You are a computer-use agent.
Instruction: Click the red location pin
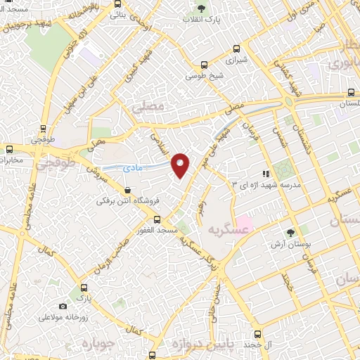tap(181, 165)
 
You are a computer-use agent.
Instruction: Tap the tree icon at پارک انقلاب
tap(202, 9)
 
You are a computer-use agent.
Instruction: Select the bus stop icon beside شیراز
tap(236, 49)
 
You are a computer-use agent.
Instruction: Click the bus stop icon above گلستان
tap(350, 92)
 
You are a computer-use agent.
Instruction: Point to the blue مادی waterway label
tap(131, 169)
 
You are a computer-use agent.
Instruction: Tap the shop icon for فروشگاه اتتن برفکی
tap(127, 190)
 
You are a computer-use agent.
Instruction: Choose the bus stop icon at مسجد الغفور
tap(157, 219)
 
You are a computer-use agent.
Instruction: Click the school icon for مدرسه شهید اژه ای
tap(265, 173)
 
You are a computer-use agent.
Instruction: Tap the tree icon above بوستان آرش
tap(290, 233)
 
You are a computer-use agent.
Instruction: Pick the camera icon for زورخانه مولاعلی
tap(63, 306)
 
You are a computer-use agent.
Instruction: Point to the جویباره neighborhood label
tap(96, 344)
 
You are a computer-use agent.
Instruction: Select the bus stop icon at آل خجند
tap(257, 334)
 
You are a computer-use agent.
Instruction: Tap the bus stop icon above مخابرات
tap(10, 148)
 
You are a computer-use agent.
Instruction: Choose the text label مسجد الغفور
tap(176, 231)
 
